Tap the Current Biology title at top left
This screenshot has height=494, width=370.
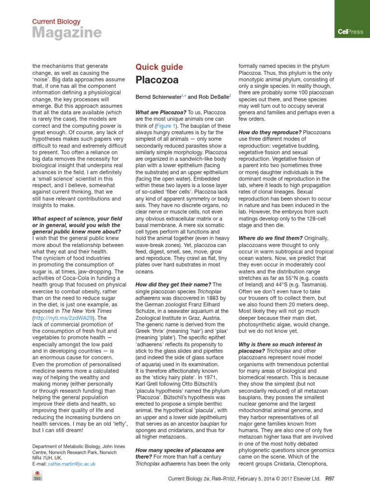[56, 22]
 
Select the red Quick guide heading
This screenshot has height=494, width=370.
[159, 67]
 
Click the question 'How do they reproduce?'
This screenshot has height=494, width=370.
[269, 132]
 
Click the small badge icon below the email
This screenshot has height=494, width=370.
[37, 475]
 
